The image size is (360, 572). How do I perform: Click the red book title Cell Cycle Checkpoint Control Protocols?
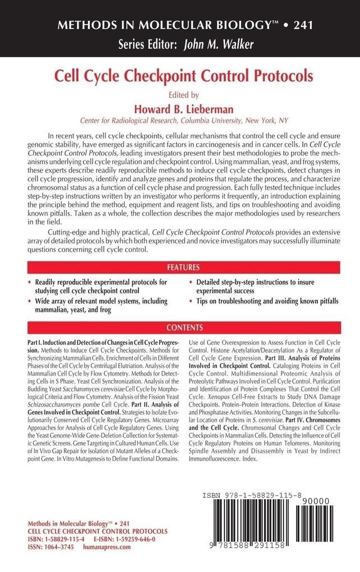tap(179, 75)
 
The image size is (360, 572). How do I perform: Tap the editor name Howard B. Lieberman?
tap(180, 107)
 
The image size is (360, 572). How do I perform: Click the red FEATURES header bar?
tap(180, 266)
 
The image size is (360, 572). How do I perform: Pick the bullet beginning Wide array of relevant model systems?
tap(99, 306)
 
